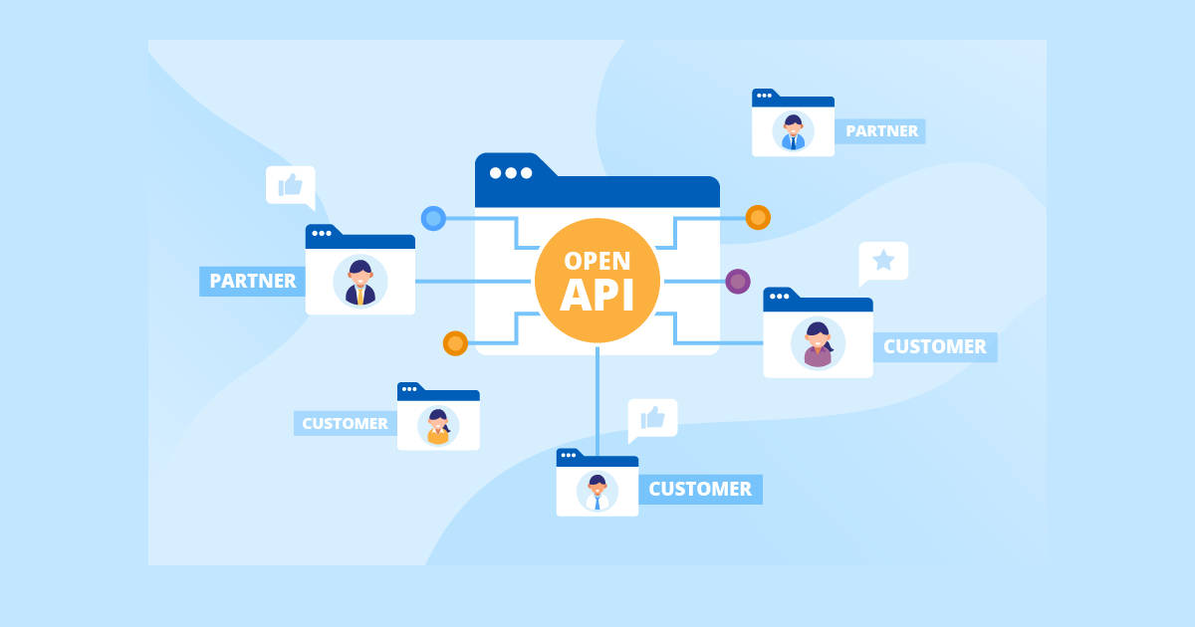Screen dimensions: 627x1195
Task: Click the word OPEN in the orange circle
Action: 597,261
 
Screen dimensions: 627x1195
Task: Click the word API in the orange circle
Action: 597,296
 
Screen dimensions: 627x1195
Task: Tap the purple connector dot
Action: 738,282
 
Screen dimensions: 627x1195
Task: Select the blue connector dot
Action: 433,218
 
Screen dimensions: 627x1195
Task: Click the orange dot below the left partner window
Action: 455,343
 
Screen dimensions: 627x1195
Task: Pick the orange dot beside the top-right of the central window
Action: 758,217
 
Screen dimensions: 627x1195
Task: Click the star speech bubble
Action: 883,262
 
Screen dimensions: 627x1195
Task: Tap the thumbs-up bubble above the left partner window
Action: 291,185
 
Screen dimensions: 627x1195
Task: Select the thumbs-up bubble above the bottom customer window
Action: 652,418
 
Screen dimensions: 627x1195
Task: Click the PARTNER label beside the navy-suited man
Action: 253,281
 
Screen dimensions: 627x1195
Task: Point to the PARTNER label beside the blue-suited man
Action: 879,130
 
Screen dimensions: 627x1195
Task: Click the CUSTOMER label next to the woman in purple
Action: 934,346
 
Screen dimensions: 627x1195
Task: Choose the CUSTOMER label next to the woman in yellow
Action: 345,423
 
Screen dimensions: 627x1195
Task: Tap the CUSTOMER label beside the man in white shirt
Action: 700,489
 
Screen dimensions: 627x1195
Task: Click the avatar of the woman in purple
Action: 818,343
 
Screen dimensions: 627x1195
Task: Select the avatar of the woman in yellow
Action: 438,426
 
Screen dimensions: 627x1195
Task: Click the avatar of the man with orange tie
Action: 359,282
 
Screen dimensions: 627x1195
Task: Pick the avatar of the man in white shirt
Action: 597,492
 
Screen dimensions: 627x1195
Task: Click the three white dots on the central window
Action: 511,172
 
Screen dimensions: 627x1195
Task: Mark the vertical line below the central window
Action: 597,398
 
